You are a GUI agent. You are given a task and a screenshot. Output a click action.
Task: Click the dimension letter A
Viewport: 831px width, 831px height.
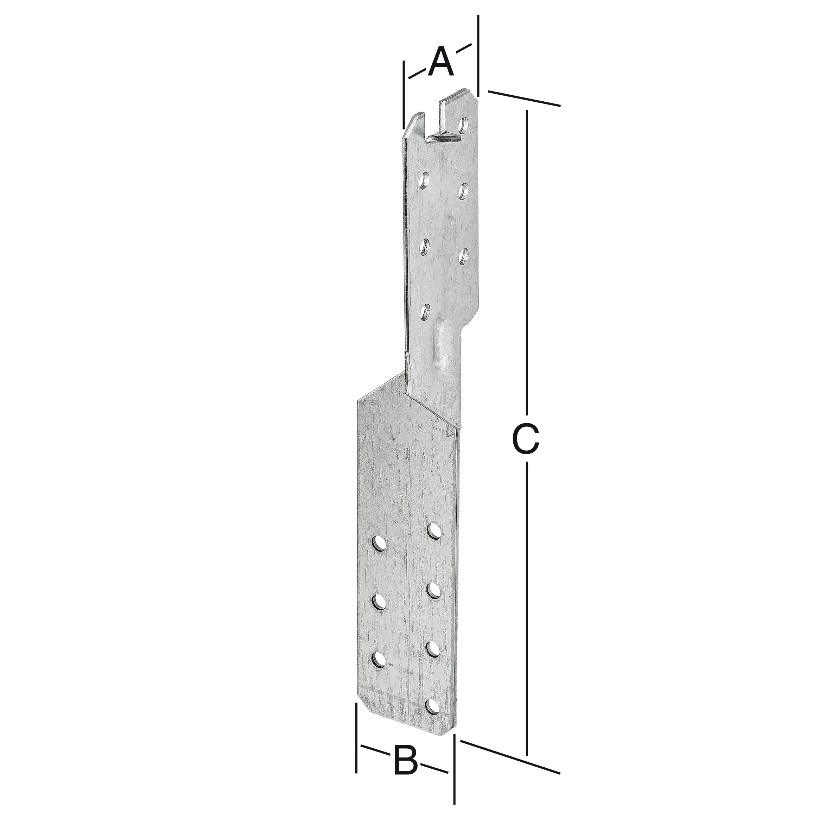click(x=440, y=63)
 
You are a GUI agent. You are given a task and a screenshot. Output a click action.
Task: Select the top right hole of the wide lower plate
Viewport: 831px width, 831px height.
click(x=434, y=530)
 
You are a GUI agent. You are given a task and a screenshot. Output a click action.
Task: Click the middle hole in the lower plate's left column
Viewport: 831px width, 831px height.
click(x=379, y=601)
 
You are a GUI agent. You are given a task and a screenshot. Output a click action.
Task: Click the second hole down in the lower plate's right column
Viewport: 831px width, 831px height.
click(x=433, y=590)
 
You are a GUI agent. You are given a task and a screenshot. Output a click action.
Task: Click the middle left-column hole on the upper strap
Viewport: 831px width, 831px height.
click(x=425, y=247)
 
